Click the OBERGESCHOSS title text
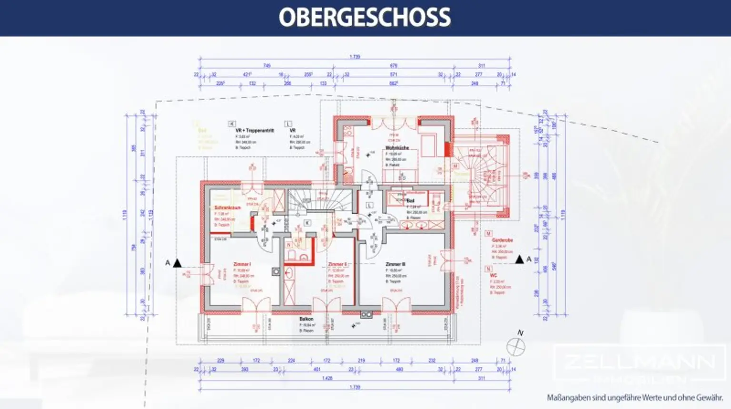coord(365,18)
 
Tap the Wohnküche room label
coord(397,148)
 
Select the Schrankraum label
coord(227,208)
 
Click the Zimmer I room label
coord(242,264)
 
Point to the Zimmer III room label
coord(395,264)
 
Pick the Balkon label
coord(306,319)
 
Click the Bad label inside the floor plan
coord(410,201)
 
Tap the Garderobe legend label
coord(502,240)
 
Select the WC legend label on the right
coord(494,275)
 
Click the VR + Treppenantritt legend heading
coord(255,130)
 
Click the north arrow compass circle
coord(515,347)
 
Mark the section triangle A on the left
coord(177,263)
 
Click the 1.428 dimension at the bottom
coord(327,378)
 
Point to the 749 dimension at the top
coord(267,66)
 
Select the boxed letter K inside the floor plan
coord(307,223)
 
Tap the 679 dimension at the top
coord(394,66)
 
